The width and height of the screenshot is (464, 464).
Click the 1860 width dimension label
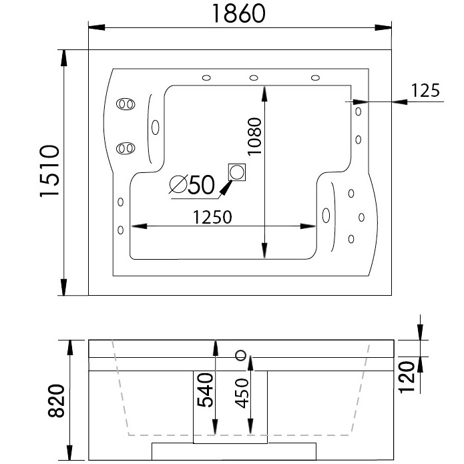(x=240, y=13)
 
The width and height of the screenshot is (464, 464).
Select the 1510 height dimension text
(x=50, y=172)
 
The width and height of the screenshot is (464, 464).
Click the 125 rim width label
(x=425, y=89)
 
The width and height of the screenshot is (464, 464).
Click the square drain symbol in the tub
(x=236, y=172)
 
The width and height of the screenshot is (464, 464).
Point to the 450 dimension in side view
(x=240, y=395)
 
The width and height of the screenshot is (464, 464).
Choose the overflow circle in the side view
(x=240, y=354)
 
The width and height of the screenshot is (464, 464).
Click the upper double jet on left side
(x=125, y=104)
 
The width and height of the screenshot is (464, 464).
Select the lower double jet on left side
(x=125, y=148)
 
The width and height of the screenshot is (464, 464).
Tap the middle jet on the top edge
(x=254, y=78)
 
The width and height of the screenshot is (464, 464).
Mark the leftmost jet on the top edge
(x=206, y=78)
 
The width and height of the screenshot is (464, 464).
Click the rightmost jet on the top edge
(x=314, y=78)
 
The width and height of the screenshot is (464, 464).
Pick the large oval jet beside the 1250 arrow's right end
(x=326, y=215)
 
